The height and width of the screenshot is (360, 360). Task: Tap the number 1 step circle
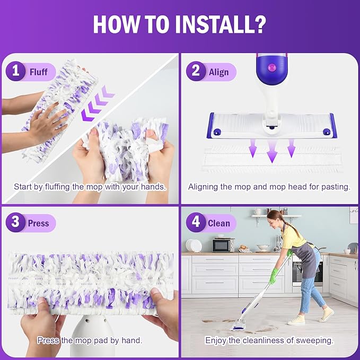16,71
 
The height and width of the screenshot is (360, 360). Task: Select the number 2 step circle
196,71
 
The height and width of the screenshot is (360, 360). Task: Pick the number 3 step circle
16,223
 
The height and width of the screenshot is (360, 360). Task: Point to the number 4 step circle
196,223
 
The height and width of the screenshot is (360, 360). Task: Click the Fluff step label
39,71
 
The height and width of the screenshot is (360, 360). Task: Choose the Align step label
218,72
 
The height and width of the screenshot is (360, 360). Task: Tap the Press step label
39,223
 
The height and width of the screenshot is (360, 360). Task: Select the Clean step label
219,223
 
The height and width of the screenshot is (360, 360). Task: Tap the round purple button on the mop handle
273,68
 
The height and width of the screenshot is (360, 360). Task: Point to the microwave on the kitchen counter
223,244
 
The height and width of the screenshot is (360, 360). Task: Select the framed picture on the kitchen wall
354,215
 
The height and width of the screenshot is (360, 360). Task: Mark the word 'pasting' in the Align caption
337,187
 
